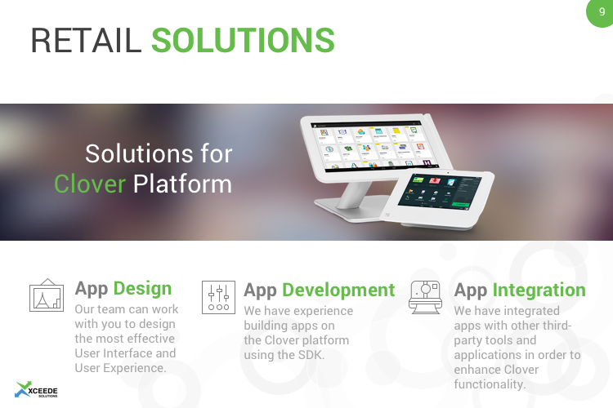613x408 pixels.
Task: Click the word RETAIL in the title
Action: [86, 41]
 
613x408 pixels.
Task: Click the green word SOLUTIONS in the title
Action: [243, 41]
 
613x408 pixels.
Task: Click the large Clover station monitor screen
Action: [370, 144]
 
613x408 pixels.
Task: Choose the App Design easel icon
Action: [47, 296]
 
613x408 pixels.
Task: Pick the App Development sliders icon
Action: [218, 297]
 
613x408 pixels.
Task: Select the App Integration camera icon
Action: [426, 297]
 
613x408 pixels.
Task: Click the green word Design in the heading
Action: [142, 288]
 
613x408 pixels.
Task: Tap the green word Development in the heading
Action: [338, 290]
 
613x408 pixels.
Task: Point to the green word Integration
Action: [539, 290]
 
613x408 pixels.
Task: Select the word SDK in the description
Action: [311, 355]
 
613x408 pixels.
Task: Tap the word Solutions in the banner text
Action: [136, 153]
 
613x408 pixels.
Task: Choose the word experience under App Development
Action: [324, 311]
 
